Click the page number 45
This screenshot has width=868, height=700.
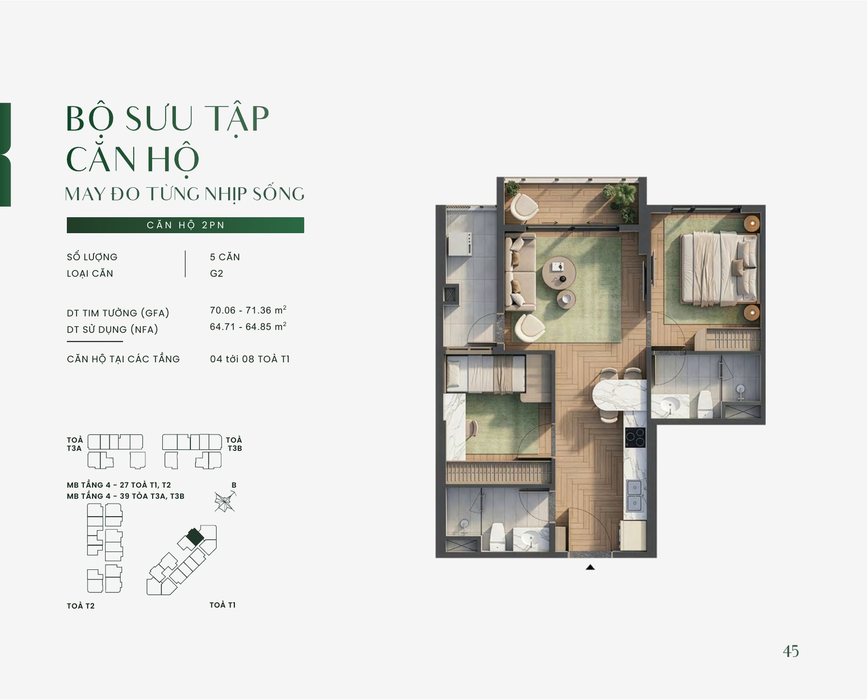791,651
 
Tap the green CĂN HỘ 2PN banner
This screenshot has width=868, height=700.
185,225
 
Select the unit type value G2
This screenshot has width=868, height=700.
216,273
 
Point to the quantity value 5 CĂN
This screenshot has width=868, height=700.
225,257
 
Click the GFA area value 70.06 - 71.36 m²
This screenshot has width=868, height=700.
248,310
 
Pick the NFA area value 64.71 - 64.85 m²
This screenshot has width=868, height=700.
248,326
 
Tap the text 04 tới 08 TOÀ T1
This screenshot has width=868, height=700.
250,359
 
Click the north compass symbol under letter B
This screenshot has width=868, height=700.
225,502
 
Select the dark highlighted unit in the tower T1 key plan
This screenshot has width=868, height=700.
195,536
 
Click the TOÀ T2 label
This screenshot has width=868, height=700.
81,606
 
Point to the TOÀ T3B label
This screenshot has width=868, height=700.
234,444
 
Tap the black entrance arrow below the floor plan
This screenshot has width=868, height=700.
590,567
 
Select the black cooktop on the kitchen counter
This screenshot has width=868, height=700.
635,437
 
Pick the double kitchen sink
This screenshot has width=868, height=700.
635,495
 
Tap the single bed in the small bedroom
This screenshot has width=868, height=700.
486,373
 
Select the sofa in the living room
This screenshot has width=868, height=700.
520,271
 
